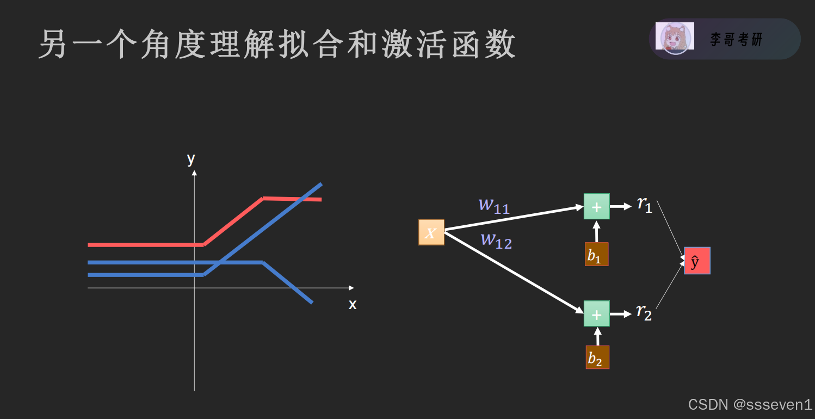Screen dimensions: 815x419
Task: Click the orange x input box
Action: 431,232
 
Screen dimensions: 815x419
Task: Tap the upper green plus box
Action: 596,206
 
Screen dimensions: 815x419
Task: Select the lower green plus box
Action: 596,313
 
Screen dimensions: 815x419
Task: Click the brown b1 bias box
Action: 596,254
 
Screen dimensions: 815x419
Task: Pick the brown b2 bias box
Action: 597,357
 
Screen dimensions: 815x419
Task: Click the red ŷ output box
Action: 697,261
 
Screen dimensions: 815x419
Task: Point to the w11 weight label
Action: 494,205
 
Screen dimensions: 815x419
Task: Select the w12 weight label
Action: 496,240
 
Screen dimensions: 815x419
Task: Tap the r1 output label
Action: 645,205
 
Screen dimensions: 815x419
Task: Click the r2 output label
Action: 644,312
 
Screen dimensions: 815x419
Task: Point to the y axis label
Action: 191,158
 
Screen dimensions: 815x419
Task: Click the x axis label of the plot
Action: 353,304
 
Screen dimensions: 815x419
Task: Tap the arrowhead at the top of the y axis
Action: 194,173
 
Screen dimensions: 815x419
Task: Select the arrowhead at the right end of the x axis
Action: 351,287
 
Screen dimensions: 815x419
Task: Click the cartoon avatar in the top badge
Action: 675,38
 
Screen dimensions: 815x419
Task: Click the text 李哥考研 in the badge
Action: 736,39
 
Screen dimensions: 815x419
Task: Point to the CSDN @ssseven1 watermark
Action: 750,404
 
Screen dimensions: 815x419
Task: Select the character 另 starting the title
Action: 55,45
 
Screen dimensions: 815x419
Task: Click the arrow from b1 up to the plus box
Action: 597,231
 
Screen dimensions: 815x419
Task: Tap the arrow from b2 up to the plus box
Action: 597,336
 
